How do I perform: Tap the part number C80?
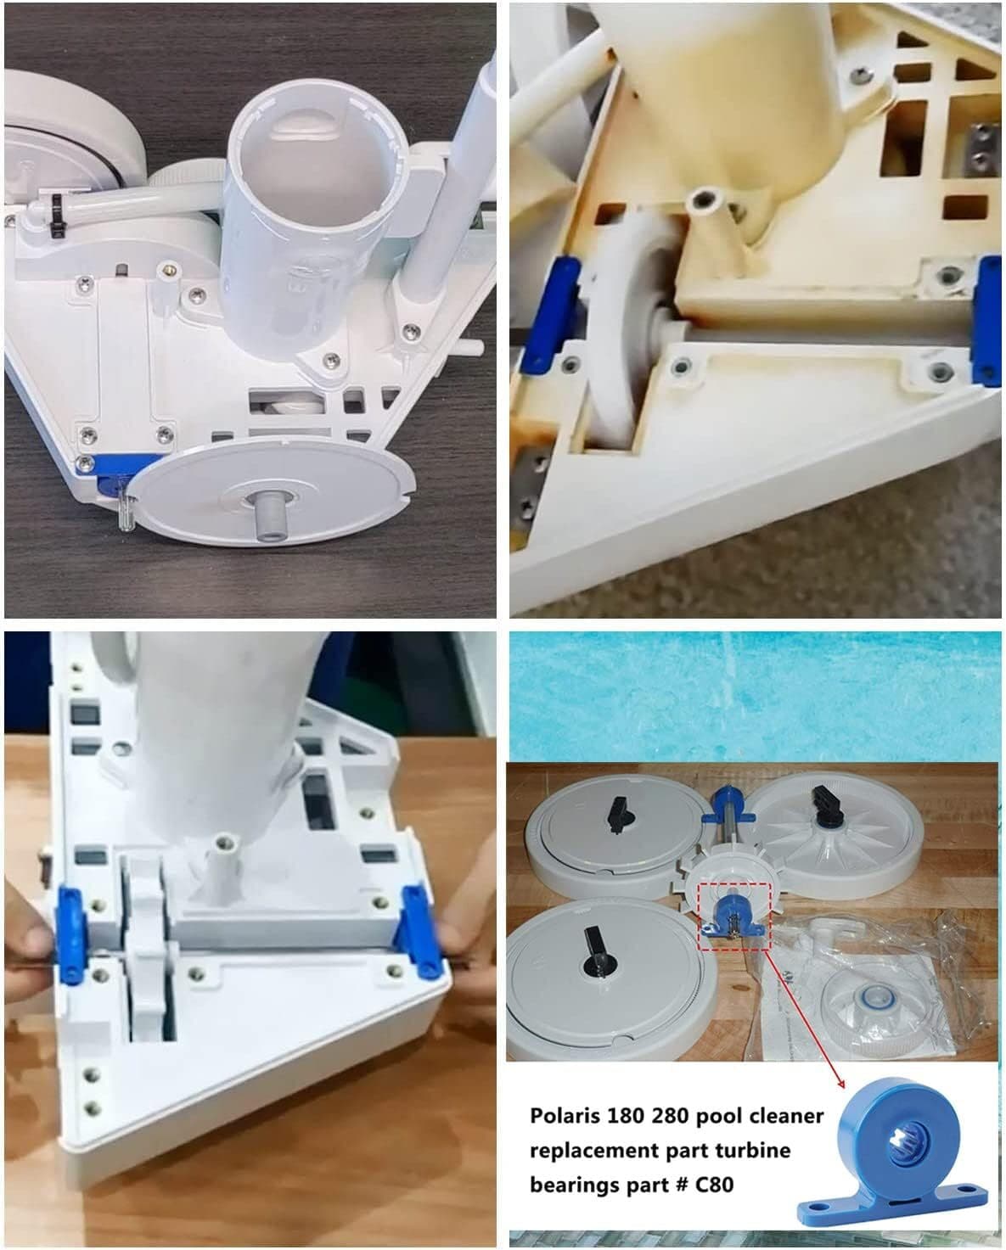coord(714,1184)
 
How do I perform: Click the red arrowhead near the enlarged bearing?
coord(840,1082)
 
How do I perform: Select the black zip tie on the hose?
coord(56,215)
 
